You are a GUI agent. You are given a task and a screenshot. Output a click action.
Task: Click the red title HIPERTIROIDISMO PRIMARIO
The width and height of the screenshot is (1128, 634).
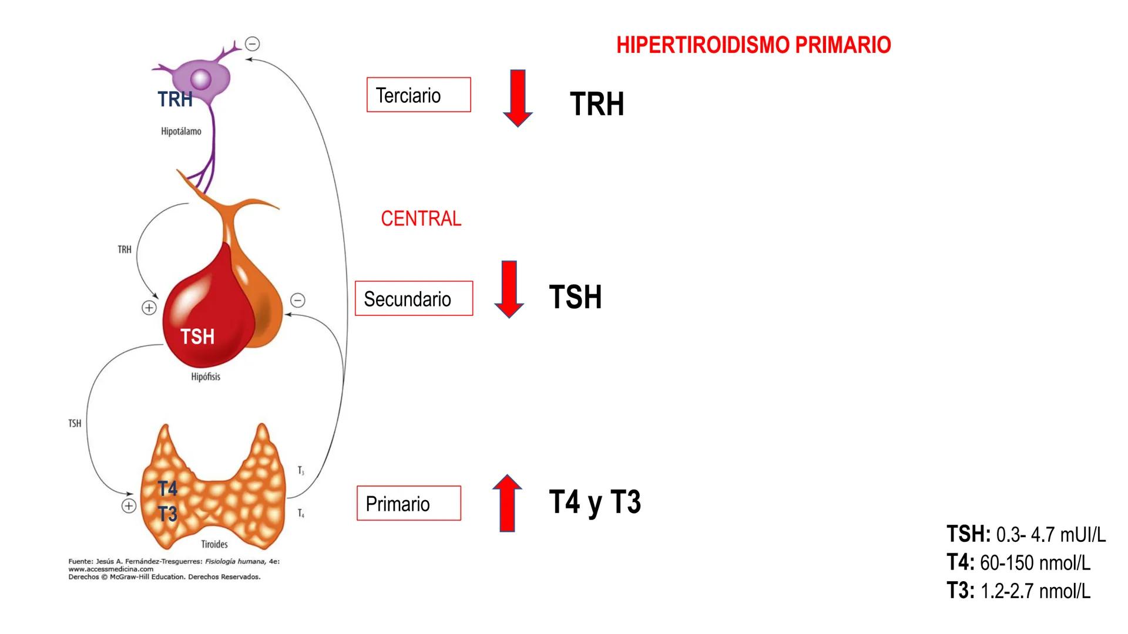pos(753,45)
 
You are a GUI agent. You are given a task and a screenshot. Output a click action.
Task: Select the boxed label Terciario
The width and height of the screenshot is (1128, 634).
pos(418,95)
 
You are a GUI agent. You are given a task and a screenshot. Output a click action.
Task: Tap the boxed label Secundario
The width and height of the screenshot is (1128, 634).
pos(414,299)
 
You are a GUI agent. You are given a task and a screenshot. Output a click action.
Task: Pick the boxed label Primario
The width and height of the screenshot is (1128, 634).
pos(408,504)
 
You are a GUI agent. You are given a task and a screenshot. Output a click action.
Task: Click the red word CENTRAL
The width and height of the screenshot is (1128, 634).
pos(421,218)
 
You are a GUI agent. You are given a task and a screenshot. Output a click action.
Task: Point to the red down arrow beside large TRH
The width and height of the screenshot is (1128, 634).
pos(518,98)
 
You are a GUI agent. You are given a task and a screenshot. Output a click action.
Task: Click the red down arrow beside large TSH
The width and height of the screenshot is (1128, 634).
pos(509,289)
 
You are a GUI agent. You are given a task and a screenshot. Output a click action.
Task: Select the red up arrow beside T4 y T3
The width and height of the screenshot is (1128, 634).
pos(507,503)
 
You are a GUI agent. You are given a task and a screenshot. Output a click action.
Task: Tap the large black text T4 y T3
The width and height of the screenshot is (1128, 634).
pos(595,503)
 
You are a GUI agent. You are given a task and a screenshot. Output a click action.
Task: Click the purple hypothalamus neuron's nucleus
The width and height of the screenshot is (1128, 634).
pos(200,79)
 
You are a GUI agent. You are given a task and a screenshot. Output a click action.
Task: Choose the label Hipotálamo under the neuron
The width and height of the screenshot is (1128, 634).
pos(181,131)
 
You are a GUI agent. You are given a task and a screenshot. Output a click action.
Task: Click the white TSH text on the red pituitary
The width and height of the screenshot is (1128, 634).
pos(197,337)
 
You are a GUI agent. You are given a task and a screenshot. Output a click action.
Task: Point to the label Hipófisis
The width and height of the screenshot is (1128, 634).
pos(206,377)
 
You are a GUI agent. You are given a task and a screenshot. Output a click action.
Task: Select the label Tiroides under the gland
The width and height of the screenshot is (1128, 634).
pos(214,544)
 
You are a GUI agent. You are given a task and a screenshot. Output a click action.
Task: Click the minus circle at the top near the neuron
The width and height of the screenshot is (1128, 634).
pos(253,44)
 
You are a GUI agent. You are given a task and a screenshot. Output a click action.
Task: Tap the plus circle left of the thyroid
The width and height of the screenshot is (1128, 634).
pos(129,506)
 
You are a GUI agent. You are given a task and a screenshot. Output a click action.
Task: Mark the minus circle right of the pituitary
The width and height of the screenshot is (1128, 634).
pos(298,301)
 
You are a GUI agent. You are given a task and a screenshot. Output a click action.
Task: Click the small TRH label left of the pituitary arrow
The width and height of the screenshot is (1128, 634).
pos(125,250)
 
